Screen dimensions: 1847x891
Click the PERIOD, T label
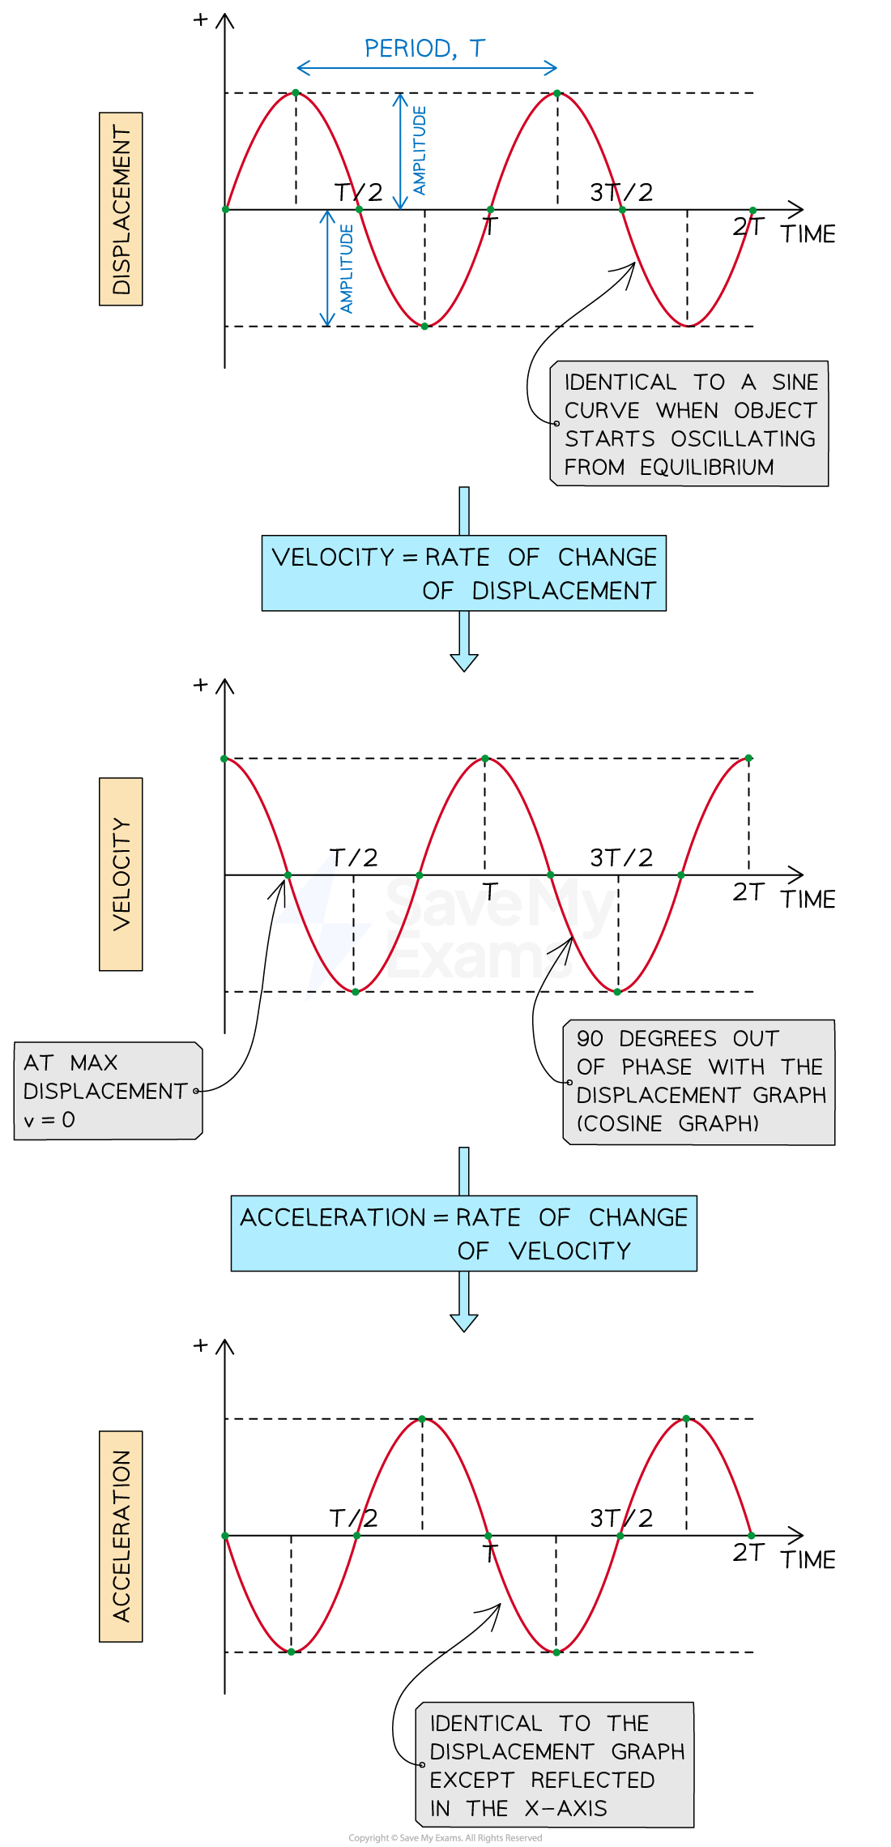[424, 49]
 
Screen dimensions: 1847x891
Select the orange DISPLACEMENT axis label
[121, 209]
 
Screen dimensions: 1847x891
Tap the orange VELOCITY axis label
[121, 874]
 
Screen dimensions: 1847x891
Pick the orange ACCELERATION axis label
[121, 1536]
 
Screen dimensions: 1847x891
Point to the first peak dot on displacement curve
[296, 92]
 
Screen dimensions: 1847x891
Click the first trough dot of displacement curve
[424, 326]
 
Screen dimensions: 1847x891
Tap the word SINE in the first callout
[795, 382]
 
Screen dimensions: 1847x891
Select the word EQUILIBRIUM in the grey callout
[706, 468]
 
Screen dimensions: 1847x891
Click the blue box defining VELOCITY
[463, 573]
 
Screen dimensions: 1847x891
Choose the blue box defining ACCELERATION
[463, 1233]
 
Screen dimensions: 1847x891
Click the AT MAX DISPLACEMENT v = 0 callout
[108, 1091]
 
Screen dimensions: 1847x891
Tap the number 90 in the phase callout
[590, 1039]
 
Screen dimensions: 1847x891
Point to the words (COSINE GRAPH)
[667, 1124]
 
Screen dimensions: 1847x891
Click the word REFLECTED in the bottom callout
[592, 1780]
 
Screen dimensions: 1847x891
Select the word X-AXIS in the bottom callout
[565, 1808]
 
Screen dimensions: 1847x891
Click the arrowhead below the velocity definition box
[463, 662]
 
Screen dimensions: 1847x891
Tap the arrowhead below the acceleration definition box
[463, 1323]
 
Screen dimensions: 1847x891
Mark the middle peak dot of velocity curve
[485, 759]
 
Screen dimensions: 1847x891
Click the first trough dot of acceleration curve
[291, 1651]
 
